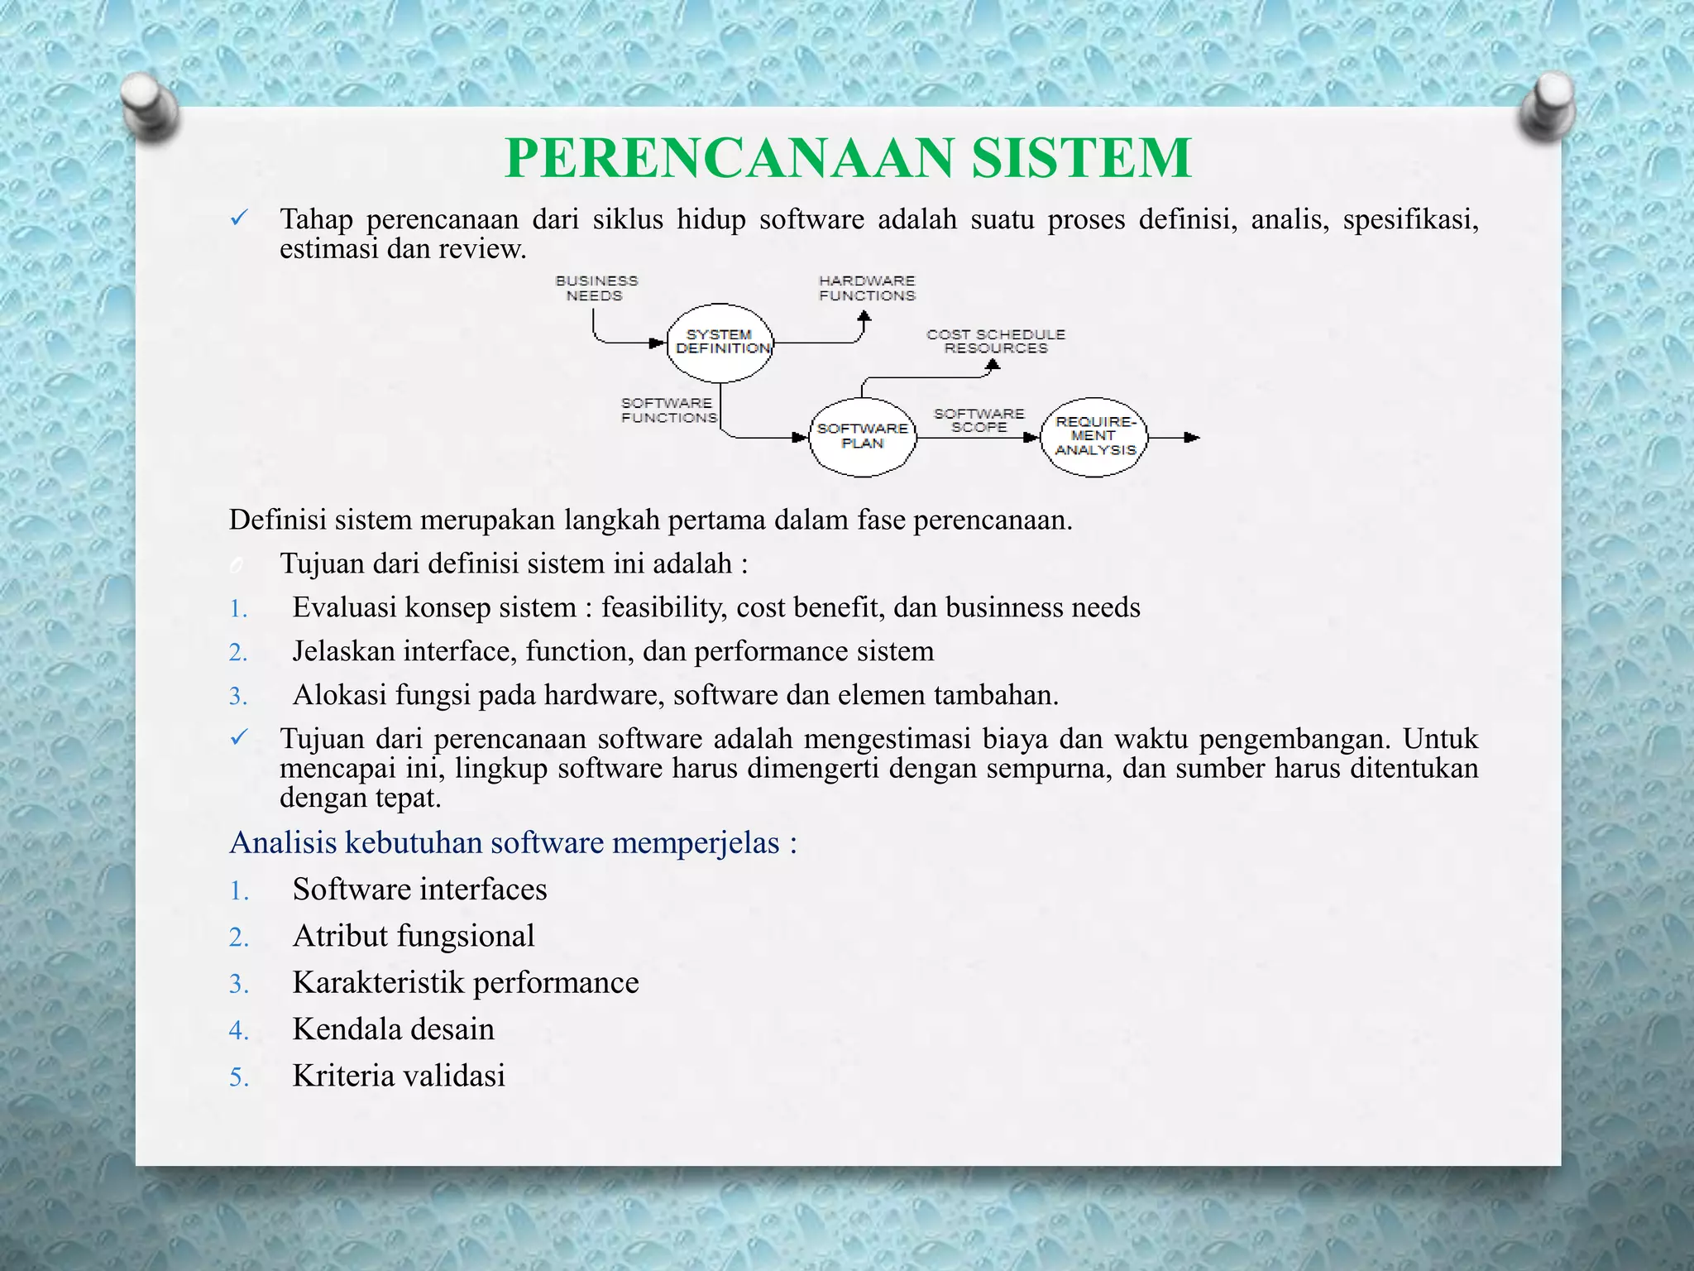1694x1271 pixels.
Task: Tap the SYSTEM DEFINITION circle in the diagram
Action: pos(720,343)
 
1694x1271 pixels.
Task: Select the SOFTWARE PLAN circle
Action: pos(862,436)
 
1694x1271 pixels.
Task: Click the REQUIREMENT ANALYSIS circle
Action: pos(1094,436)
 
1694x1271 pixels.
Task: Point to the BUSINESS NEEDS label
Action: pos(596,288)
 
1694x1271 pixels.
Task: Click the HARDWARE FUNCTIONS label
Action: pos(867,288)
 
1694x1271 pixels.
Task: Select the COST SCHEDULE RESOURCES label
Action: pos(996,341)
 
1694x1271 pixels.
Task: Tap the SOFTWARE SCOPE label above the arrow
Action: pos(979,420)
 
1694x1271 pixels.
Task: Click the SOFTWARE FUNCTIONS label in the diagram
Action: pos(668,410)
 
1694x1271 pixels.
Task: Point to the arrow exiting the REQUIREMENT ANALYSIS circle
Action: pos(1175,437)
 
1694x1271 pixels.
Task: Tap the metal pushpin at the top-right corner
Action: pos(1546,108)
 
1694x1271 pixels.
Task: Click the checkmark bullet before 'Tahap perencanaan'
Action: pos(239,218)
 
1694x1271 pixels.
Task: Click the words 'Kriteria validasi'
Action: pos(399,1076)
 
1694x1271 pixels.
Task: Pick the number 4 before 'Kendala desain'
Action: pos(238,1031)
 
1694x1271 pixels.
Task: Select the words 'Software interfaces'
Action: pos(419,890)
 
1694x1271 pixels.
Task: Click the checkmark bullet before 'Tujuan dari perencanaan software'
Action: pos(239,736)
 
